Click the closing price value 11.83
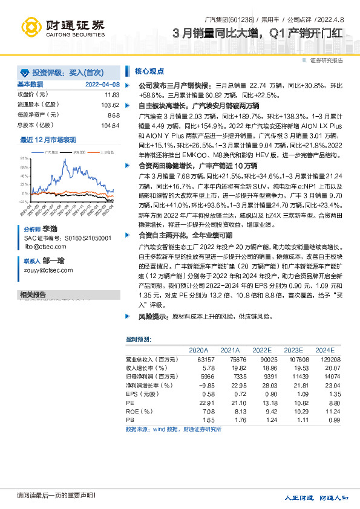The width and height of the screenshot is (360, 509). point(112,95)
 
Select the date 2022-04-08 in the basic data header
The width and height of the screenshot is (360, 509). point(102,85)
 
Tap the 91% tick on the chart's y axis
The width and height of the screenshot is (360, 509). point(24,157)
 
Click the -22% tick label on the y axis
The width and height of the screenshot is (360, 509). point(24,201)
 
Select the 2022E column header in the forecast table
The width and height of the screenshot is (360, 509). point(262,350)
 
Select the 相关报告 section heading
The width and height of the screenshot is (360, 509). point(33,294)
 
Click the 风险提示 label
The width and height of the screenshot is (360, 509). point(154,316)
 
